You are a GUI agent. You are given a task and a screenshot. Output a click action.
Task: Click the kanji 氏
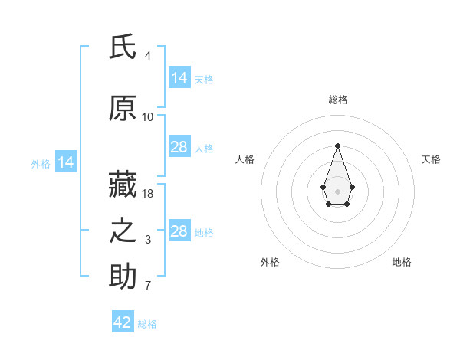pos(123,47)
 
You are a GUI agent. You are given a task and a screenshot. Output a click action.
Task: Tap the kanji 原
pos(123,108)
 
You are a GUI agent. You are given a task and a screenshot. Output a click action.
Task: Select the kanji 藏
pos(123,184)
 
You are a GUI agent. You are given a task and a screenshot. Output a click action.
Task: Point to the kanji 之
pos(123,231)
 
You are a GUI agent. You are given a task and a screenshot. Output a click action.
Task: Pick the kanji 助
pos(123,276)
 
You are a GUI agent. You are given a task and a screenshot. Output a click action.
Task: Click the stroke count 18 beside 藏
pos(147,194)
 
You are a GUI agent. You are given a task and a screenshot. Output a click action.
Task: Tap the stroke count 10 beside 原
pos(147,117)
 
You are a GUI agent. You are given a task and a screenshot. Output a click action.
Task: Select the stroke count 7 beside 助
pos(148,286)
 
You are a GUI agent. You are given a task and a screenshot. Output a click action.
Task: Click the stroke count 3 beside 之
pos(148,240)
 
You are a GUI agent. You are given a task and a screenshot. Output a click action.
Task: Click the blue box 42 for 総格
pos(123,321)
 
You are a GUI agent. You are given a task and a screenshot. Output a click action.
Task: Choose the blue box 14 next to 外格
pos(66,162)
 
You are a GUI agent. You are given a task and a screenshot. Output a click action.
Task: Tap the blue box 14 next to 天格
pos(180,77)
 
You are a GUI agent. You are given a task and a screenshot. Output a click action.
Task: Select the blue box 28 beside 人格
pos(180,146)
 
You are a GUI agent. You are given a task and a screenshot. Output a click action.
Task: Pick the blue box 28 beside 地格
pos(180,230)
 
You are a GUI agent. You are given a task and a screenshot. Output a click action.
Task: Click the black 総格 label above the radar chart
pos(338,100)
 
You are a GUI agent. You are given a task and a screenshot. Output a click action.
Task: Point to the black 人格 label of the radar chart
pos(245,159)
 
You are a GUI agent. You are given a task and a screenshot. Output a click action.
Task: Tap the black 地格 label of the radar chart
pos(402,262)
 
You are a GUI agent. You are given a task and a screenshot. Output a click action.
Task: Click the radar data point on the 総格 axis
pos(337,146)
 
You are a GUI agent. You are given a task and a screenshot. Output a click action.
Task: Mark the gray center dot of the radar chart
pos(337,191)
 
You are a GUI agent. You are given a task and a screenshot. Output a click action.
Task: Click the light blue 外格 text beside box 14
pos(41,164)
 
